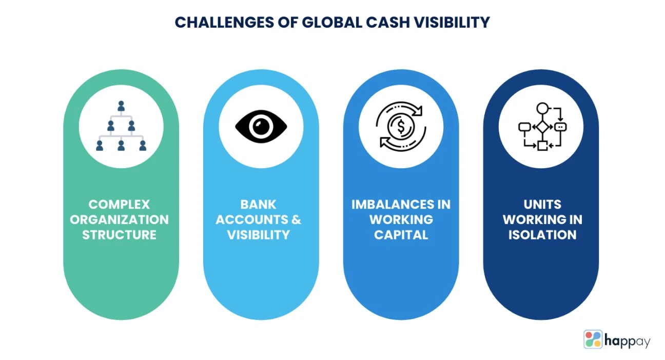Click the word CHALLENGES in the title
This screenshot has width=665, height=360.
point(224,22)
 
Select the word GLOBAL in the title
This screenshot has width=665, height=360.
point(332,22)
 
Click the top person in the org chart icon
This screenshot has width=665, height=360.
point(121,106)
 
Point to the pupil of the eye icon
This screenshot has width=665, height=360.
point(261,127)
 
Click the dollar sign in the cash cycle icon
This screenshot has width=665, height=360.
point(401,127)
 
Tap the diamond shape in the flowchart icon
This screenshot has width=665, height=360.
point(542,127)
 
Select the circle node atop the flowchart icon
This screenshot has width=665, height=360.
point(542,108)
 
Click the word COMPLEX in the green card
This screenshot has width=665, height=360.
point(119,204)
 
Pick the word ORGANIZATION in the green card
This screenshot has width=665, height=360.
point(119,219)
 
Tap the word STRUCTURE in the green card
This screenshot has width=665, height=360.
point(119,235)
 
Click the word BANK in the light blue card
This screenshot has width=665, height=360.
point(258,204)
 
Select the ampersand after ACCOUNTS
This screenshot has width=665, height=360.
point(296,219)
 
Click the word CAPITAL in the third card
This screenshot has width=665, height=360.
point(401,235)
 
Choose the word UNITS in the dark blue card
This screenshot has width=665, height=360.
point(542,204)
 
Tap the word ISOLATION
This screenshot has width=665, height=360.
point(542,235)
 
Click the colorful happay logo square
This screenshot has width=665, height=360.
point(593,339)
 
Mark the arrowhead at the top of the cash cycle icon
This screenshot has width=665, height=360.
point(418,111)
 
